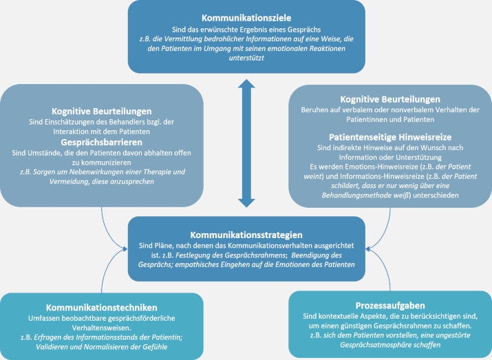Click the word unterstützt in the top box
[246, 59]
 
